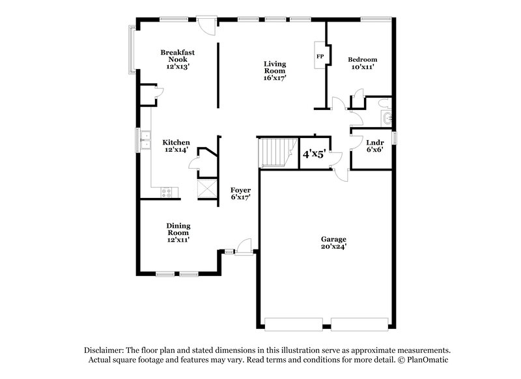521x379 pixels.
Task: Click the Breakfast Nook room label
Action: click(178, 59)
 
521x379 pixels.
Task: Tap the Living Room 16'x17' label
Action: click(275, 70)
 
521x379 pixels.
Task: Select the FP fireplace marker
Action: click(320, 57)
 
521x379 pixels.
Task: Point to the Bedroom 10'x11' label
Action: click(363, 63)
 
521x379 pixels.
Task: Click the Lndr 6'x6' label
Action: click(374, 146)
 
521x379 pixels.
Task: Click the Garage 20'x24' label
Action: click(333, 243)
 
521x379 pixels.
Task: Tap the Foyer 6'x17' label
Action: click(240, 193)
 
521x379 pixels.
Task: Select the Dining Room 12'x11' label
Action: click(178, 232)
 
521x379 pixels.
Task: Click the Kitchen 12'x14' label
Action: click(176, 146)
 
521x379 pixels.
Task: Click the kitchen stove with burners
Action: click(166, 191)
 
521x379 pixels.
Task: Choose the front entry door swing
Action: click(243, 246)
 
